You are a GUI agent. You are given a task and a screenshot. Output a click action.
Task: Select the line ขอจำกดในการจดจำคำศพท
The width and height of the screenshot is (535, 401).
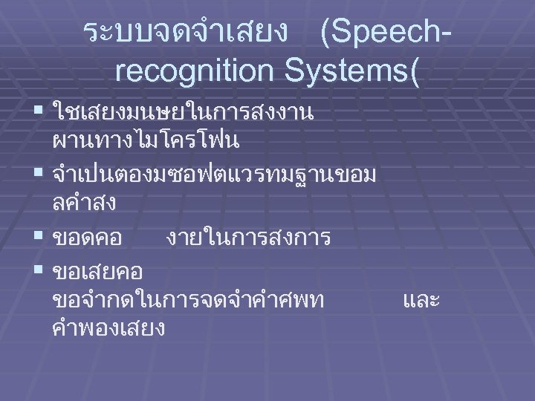tap(188, 300)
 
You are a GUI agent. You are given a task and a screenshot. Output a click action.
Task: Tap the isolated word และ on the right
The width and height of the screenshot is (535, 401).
tap(421, 300)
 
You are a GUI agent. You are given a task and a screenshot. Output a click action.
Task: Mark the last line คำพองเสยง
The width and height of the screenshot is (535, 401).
tap(109, 327)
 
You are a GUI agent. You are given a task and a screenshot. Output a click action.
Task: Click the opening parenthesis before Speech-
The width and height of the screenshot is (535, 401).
tap(327, 33)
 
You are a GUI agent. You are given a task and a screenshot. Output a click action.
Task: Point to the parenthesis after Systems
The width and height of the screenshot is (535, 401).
tap(414, 71)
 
